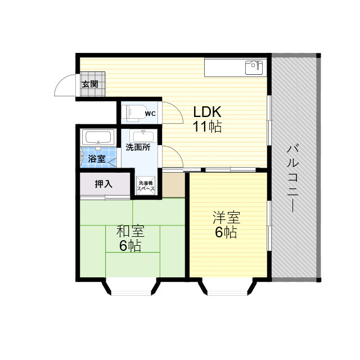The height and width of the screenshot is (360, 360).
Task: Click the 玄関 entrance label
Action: tap(89, 85)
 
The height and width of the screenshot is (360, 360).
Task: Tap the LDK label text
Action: tap(208, 111)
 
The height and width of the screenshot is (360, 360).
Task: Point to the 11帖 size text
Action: tap(208, 127)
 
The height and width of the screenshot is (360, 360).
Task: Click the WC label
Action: tap(150, 114)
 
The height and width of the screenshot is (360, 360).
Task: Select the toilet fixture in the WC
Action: tap(132, 112)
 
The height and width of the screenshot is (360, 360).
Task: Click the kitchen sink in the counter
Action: tap(254, 68)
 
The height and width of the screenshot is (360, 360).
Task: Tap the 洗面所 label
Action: tap(137, 148)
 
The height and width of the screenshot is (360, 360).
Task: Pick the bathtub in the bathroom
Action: tap(98, 137)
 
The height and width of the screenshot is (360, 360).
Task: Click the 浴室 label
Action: tap(96, 159)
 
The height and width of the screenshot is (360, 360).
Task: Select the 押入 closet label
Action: tap(103, 184)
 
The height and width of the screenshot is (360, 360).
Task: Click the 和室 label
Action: tap(130, 231)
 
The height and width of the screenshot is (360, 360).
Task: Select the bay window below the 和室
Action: tap(130, 288)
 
